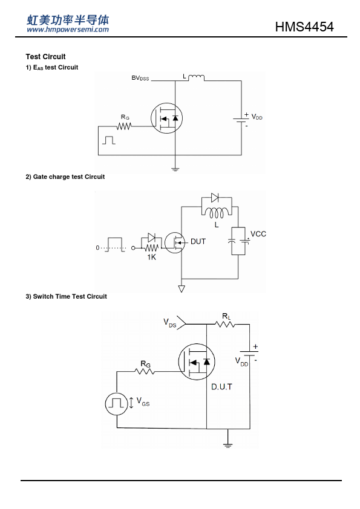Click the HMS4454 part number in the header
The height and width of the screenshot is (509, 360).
pyautogui.click(x=304, y=27)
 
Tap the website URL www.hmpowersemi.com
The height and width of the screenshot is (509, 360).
pyautogui.click(x=68, y=30)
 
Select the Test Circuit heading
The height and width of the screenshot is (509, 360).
pyautogui.click(x=45, y=57)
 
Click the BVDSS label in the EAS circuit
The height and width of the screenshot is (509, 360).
pyautogui.click(x=140, y=78)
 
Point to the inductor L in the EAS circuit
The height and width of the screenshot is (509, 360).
pyautogui.click(x=196, y=77)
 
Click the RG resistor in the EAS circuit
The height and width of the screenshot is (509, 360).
pyautogui.click(x=124, y=126)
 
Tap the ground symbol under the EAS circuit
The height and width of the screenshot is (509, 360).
pyautogui.click(x=175, y=169)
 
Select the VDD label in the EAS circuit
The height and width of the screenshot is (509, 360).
pyautogui.click(x=257, y=117)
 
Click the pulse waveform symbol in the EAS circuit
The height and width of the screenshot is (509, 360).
pyautogui.click(x=109, y=140)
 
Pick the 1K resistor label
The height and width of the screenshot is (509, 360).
pyautogui.click(x=152, y=257)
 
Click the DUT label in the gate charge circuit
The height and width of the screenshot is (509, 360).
pyautogui.click(x=198, y=242)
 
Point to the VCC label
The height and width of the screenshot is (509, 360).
pyautogui.click(x=258, y=234)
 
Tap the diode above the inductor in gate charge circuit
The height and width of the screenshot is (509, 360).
pyautogui.click(x=215, y=197)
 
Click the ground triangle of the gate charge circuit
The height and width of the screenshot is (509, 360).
pyautogui.click(x=182, y=288)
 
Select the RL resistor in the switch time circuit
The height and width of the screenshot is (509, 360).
pyautogui.click(x=225, y=324)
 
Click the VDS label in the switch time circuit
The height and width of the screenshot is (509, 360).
pyautogui.click(x=169, y=323)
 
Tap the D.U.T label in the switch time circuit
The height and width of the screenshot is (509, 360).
pyautogui.click(x=221, y=387)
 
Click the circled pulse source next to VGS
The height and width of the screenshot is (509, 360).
pyautogui.click(x=116, y=404)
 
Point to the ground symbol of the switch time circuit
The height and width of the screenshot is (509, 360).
pyautogui.click(x=227, y=445)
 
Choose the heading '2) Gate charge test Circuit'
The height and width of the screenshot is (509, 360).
pyautogui.click(x=65, y=177)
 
